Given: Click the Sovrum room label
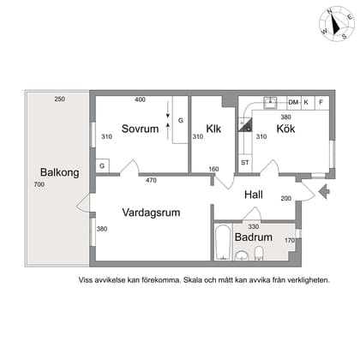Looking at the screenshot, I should (141, 129).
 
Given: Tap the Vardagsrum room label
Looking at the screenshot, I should (151, 212).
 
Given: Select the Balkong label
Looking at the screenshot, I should (61, 172).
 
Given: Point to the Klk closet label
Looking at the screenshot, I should (214, 129).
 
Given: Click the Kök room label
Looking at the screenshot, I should (286, 129).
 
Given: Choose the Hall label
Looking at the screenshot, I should (253, 194).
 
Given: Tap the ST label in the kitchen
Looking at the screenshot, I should (244, 162).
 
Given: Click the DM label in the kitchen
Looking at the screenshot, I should (293, 102).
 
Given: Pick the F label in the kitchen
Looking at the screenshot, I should (321, 102).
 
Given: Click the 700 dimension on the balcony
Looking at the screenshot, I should (38, 185).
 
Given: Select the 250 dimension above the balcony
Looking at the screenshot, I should (59, 99).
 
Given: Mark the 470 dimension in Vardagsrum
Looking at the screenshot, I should (151, 180).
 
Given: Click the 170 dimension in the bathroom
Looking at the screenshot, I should (289, 240).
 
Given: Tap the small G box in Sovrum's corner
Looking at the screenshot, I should (102, 164).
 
